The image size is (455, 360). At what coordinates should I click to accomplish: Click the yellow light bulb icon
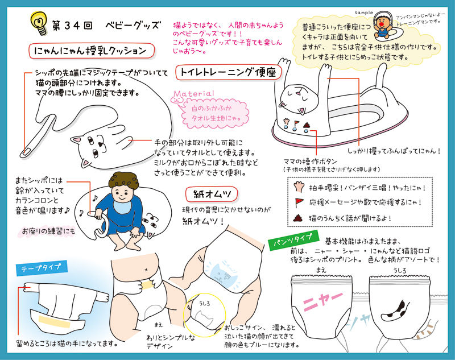[39, 23]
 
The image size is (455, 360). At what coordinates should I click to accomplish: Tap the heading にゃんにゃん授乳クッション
[91, 51]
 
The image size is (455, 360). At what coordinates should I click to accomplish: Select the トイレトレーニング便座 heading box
[229, 72]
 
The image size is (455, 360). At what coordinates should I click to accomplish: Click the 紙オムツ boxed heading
[212, 194]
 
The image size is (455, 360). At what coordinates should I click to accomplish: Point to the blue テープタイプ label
[42, 268]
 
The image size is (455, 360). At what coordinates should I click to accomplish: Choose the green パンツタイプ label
[293, 240]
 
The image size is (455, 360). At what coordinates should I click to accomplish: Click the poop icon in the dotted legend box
[297, 218]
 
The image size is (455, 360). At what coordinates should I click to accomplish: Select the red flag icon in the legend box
[299, 202]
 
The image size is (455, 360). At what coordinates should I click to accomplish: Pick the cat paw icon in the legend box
[298, 187]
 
